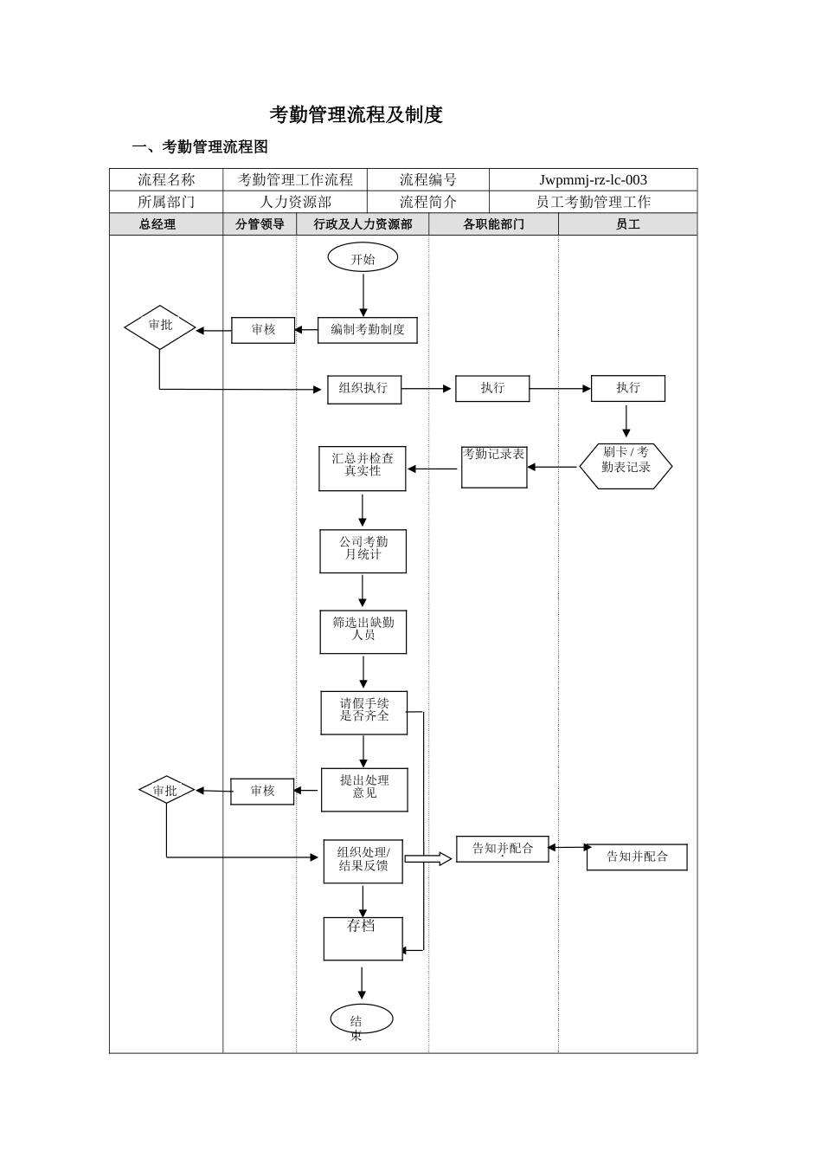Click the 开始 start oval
click(x=363, y=257)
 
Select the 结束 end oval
click(x=362, y=1019)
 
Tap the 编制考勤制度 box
click(x=367, y=330)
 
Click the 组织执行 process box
click(x=364, y=389)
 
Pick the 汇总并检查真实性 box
click(x=362, y=469)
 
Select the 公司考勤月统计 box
click(x=363, y=552)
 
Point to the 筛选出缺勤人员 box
click(x=363, y=632)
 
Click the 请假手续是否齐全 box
click(x=363, y=713)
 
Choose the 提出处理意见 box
click(x=364, y=790)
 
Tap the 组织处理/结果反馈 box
click(x=363, y=862)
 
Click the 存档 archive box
click(x=363, y=939)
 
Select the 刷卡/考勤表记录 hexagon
click(x=626, y=466)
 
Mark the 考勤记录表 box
click(x=494, y=467)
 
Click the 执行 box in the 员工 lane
click(x=628, y=388)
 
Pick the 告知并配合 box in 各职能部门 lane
click(x=502, y=849)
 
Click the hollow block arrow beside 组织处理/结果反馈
click(x=428, y=858)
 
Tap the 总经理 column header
click(x=157, y=224)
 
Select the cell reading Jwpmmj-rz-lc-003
click(x=593, y=180)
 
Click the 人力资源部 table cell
click(x=295, y=202)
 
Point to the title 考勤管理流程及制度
click(x=356, y=114)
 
